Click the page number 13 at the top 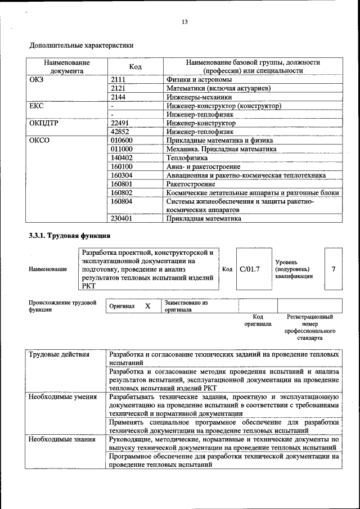point(184,22)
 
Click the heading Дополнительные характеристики point(82,45)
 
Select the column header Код point(135,67)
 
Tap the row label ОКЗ point(37,80)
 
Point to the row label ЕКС point(37,106)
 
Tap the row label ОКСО point(39,141)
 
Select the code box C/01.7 point(250,269)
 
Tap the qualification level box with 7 point(334,269)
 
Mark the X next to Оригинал point(148,306)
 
